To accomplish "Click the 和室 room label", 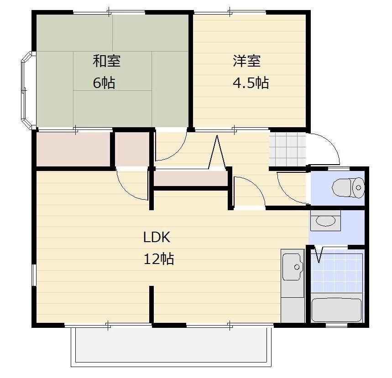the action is (x=107, y=61).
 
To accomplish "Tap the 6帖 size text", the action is (x=104, y=83).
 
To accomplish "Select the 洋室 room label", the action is (x=247, y=61).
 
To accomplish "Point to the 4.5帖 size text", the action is (x=251, y=83).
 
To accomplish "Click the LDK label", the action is (x=157, y=237).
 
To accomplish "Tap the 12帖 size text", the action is (x=159, y=259).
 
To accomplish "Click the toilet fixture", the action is (x=348, y=187).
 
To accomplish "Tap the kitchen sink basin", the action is (x=292, y=267).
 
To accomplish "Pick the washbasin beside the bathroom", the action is (x=325, y=220).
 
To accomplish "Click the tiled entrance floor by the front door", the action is (x=287, y=149).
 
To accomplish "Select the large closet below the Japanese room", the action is (x=74, y=149).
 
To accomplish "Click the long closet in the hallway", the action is (x=190, y=178).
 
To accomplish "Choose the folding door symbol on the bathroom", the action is (x=319, y=254).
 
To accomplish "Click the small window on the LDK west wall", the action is (x=34, y=275).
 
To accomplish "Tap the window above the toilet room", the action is (x=339, y=169).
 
